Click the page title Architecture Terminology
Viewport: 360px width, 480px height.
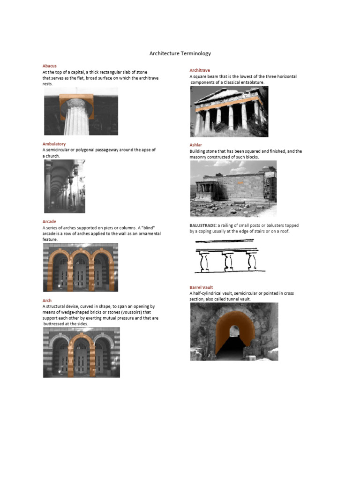point(180,53)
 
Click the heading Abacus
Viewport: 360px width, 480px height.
point(49,66)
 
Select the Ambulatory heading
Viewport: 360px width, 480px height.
point(54,144)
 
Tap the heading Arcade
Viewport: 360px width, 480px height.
point(49,221)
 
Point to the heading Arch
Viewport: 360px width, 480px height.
point(47,300)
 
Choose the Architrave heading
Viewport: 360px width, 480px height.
point(200,70)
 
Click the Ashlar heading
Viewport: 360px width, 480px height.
point(195,145)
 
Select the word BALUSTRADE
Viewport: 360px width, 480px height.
point(203,225)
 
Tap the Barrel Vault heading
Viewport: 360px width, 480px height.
point(202,287)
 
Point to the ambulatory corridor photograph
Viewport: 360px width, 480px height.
point(65,186)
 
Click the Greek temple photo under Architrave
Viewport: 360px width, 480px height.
point(229,112)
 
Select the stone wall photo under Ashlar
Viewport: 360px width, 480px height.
point(233,188)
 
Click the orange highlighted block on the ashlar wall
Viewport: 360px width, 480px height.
point(240,182)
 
